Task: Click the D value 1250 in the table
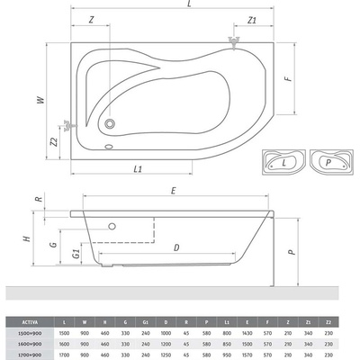pos(166,355)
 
